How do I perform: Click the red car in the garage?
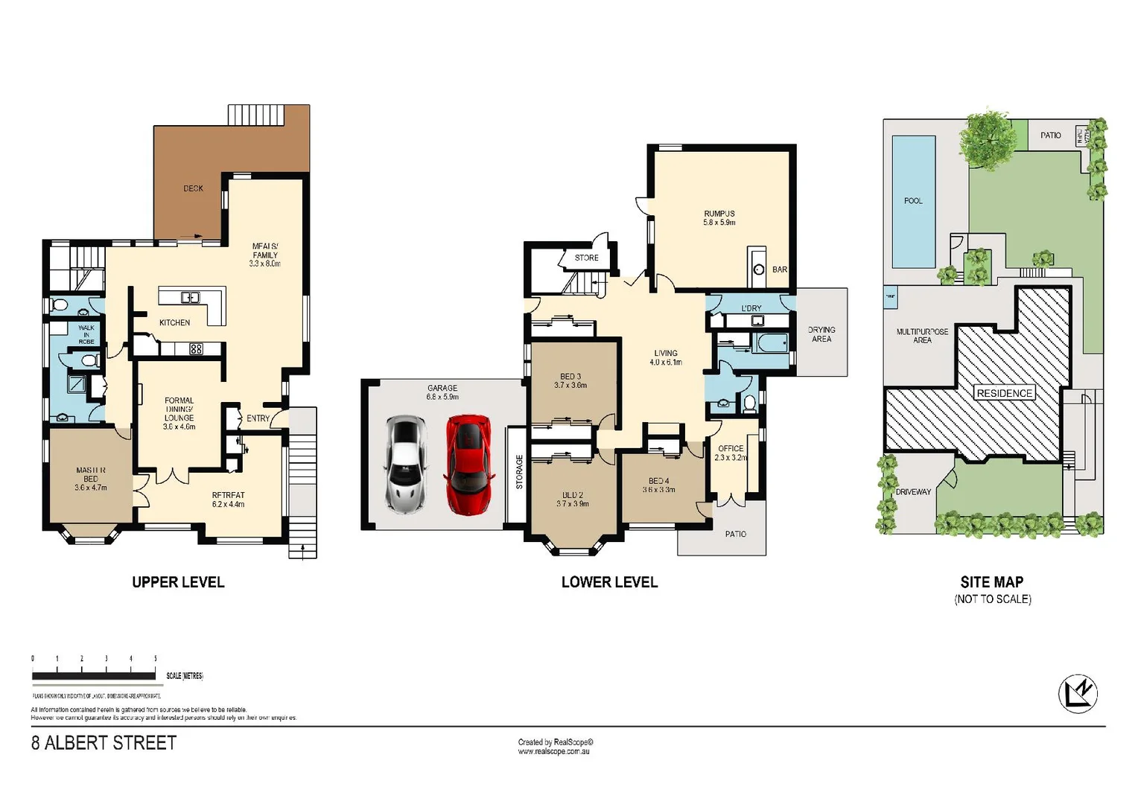tap(468, 464)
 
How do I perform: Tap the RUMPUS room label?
tap(719, 214)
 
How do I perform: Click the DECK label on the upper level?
tap(193, 188)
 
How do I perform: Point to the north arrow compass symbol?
tap(1077, 694)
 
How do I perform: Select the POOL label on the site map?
tap(913, 201)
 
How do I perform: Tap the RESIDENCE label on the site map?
tap(1004, 393)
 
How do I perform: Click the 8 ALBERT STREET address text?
tap(104, 743)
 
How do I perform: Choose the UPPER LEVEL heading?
tap(178, 582)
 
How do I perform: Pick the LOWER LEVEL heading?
tap(609, 582)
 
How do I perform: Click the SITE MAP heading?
tap(991, 582)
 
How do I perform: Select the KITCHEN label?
tap(174, 322)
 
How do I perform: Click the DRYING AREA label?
tap(821, 334)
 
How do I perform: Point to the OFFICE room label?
tap(731, 448)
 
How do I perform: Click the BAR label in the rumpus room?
tap(779, 269)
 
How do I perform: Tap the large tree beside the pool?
tap(988, 138)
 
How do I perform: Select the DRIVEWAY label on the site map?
tap(913, 492)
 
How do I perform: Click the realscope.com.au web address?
tap(555, 752)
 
